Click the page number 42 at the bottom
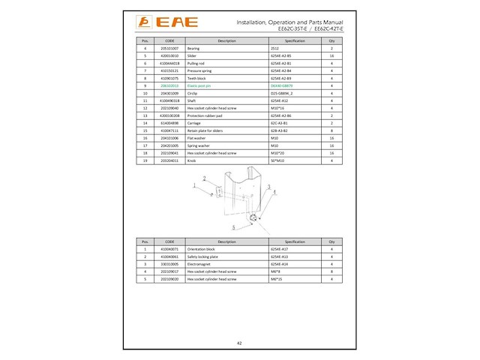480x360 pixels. [x=239, y=342]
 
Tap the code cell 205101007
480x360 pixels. [x=169, y=48]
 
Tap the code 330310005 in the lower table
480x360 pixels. [x=169, y=265]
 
